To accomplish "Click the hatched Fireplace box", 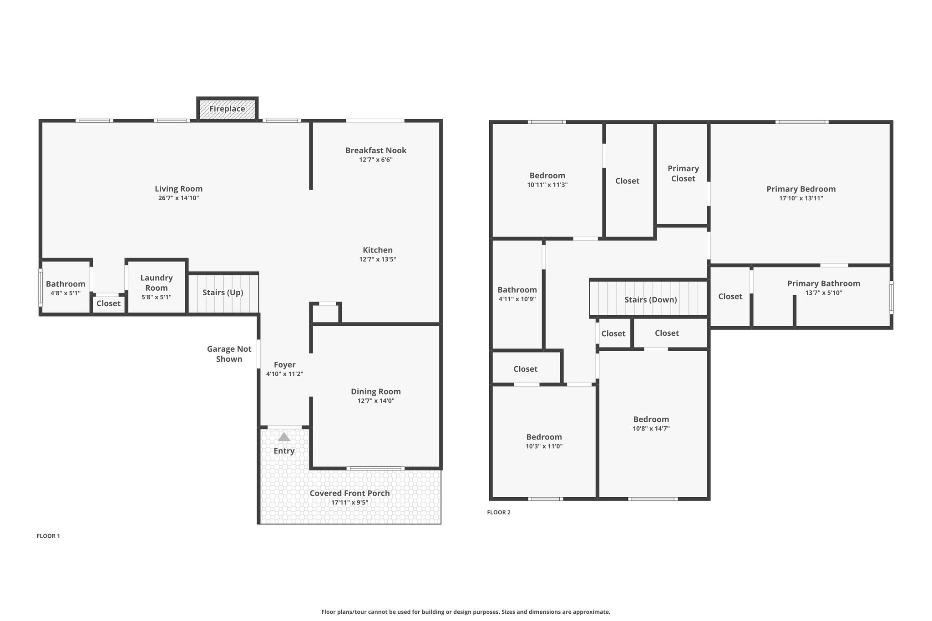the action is point(228,109).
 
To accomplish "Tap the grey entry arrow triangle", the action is point(284,437).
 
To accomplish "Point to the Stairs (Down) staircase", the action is point(649,298).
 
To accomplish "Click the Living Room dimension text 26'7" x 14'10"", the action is point(178,198).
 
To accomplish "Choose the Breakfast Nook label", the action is point(376,150).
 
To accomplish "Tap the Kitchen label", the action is point(378,250).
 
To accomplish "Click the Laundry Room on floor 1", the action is point(157,287).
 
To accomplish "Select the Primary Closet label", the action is point(683,173).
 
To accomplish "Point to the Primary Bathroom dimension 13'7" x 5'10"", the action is point(824,293).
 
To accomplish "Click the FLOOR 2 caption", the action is point(499,512).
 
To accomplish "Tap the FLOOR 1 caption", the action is point(48,536).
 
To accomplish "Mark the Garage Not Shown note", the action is point(229,354).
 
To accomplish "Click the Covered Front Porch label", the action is point(349,493).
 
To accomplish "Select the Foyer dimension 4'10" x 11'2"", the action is point(284,374).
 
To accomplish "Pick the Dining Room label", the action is point(376,391).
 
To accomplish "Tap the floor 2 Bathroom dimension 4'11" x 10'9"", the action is point(517,299).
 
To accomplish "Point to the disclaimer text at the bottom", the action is point(466,612).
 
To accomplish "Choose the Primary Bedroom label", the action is point(801,189).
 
